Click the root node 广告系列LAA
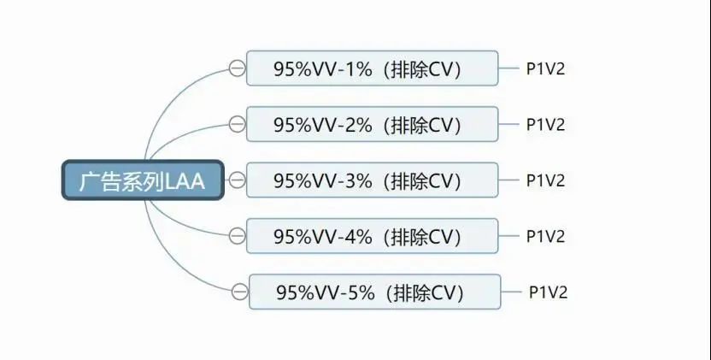(x=143, y=180)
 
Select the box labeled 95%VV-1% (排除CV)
(x=372, y=68)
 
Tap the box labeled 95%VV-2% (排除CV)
(x=372, y=124)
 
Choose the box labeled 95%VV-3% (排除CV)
(x=372, y=180)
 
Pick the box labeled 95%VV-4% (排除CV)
(x=372, y=236)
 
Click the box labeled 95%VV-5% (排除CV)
(x=374, y=292)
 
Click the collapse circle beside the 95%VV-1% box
(x=237, y=68)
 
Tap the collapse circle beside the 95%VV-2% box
(x=237, y=124)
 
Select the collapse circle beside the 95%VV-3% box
(x=237, y=180)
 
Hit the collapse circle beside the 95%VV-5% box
(x=239, y=292)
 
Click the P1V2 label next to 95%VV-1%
(x=545, y=68)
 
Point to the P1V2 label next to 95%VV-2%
(x=545, y=124)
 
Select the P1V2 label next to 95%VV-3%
(x=545, y=180)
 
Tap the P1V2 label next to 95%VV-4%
(x=545, y=236)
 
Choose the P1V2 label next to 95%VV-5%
(x=549, y=292)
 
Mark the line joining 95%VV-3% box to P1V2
(x=508, y=180)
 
